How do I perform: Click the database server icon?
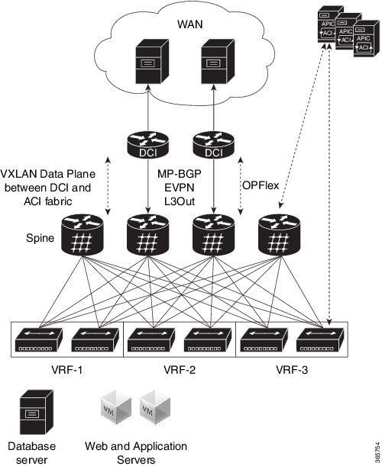pyautogui.click(x=31, y=413)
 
